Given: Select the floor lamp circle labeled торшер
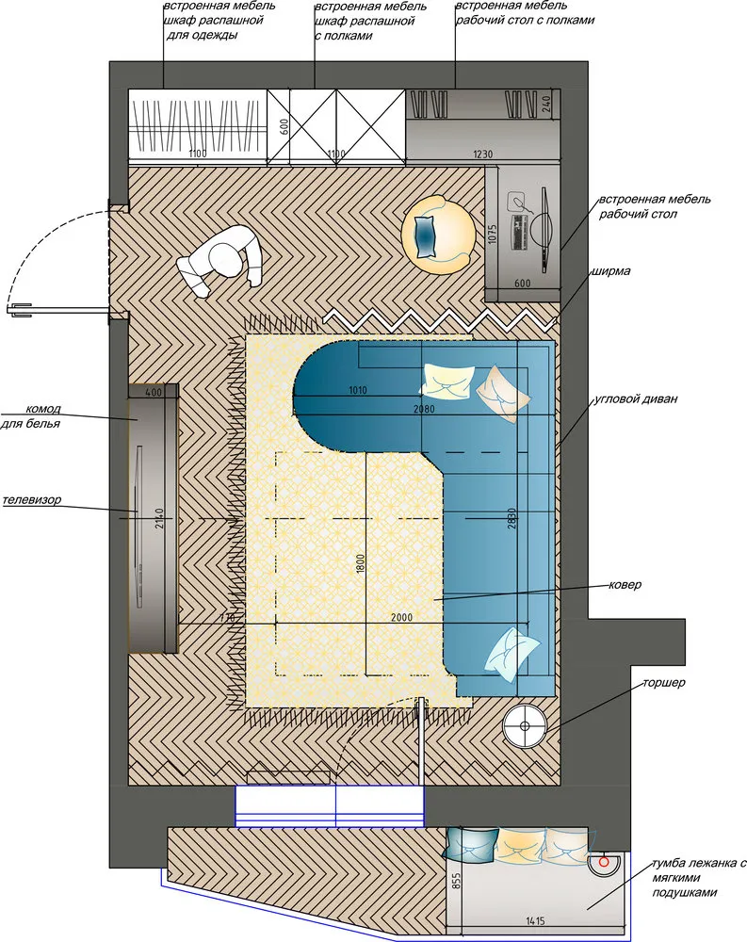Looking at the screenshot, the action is click(x=525, y=726).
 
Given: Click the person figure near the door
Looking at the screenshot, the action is click(x=219, y=260).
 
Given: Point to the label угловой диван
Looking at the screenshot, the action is click(x=635, y=398).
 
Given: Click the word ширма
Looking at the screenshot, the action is click(x=610, y=271).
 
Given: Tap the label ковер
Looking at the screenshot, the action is click(x=625, y=585).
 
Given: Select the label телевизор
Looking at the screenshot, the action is click(x=31, y=500).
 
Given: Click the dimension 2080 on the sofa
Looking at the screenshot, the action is click(x=424, y=409).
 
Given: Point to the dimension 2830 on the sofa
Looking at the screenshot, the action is click(x=512, y=517).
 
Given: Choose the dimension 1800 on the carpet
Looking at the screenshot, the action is click(x=360, y=564).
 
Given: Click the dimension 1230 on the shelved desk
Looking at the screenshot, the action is click(x=482, y=154).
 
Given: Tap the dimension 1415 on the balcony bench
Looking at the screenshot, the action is click(x=534, y=920).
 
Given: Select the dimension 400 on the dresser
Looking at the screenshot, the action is click(x=154, y=393).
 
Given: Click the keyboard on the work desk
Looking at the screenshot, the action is click(x=519, y=232).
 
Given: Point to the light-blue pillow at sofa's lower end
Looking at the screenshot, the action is click(x=512, y=655).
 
